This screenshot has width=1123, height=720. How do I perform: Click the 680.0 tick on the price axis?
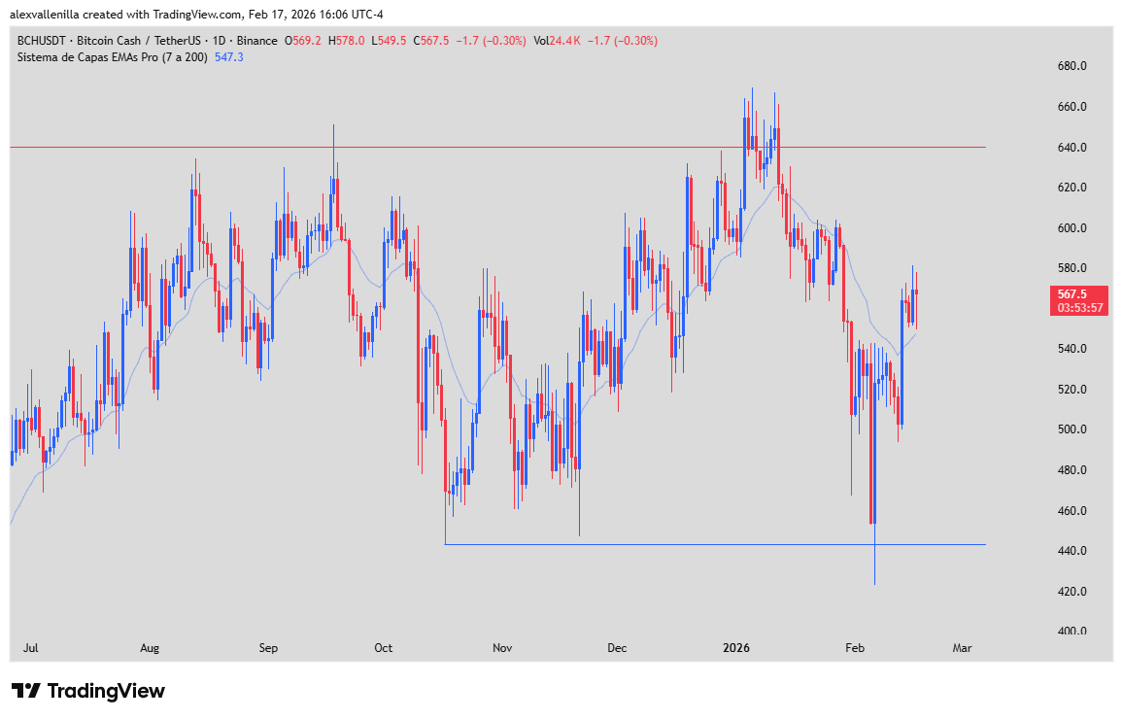pos(1072,66)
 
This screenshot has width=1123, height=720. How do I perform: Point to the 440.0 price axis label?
pos(1072,551)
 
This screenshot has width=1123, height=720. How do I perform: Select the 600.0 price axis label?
pos(1072,227)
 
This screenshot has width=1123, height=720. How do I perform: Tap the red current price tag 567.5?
pos(1078,293)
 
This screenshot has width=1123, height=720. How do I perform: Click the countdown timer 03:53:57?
pos(1078,308)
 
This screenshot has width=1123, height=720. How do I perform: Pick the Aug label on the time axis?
pos(149,647)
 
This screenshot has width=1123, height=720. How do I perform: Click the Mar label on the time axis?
pos(963,647)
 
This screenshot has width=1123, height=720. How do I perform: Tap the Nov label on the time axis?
pos(502,647)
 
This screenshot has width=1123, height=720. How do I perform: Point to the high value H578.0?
pos(347,41)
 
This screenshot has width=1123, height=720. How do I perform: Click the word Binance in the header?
pos(256,41)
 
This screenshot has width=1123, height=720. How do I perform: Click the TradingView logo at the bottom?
pos(88,691)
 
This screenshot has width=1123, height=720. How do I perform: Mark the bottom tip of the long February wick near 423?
pos(874,584)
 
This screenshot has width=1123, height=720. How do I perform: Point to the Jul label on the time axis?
pos(30,647)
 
